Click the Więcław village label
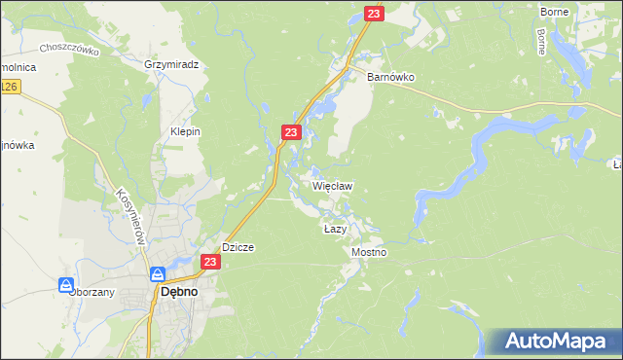pyautogui.click(x=332, y=185)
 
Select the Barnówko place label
pyautogui.click(x=390, y=76)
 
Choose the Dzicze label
pyautogui.click(x=238, y=247)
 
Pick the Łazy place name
pyautogui.click(x=335, y=228)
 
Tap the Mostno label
pyautogui.click(x=369, y=252)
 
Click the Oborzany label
pyautogui.click(x=92, y=292)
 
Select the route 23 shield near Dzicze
pyautogui.click(x=210, y=262)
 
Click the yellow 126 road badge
pyautogui.click(x=9, y=88)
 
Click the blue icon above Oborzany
pyautogui.click(x=66, y=286)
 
